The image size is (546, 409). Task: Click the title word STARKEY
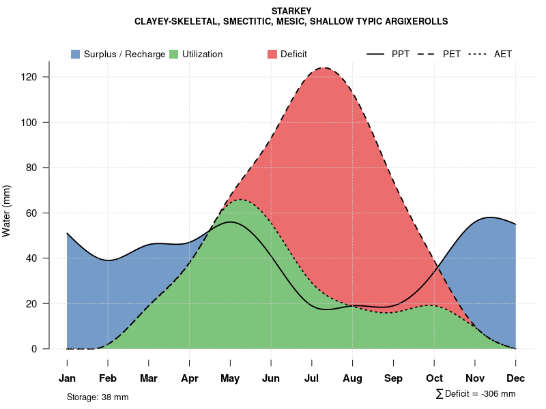(291, 12)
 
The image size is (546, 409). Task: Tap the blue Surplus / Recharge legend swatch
(76, 54)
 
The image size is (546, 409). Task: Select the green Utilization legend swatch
(174, 54)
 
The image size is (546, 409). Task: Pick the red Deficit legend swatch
(272, 54)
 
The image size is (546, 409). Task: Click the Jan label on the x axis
(67, 378)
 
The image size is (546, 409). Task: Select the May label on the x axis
(230, 378)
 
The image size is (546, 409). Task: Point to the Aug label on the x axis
(352, 378)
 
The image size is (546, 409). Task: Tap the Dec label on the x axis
(515, 378)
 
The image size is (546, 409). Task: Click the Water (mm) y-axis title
(7, 211)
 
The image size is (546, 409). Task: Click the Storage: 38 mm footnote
(98, 397)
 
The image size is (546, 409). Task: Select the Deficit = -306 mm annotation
(476, 394)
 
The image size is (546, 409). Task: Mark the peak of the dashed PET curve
(324, 67)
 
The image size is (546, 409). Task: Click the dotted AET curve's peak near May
(240, 200)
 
